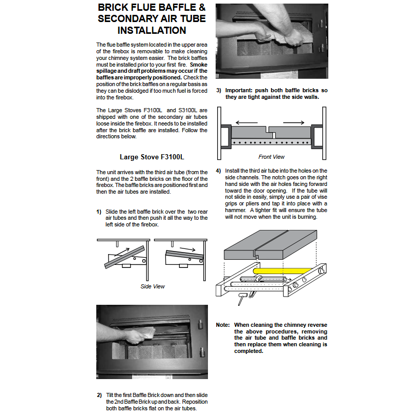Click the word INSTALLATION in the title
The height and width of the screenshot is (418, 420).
[x=152, y=30]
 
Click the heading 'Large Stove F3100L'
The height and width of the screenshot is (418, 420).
[x=152, y=157]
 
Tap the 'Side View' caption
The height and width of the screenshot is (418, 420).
[x=153, y=286]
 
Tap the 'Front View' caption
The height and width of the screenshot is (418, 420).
[x=271, y=157]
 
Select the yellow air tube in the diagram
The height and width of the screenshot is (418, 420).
[x=283, y=269]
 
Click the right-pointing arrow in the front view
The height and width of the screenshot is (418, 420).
[x=294, y=123]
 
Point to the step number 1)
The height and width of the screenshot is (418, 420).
[x=99, y=212]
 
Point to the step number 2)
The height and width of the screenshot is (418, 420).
[x=99, y=395]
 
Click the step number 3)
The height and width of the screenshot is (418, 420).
[x=219, y=91]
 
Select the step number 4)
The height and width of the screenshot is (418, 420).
[x=219, y=171]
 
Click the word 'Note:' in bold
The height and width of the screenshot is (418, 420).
[x=223, y=325]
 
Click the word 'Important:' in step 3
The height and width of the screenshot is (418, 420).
[x=240, y=91]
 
